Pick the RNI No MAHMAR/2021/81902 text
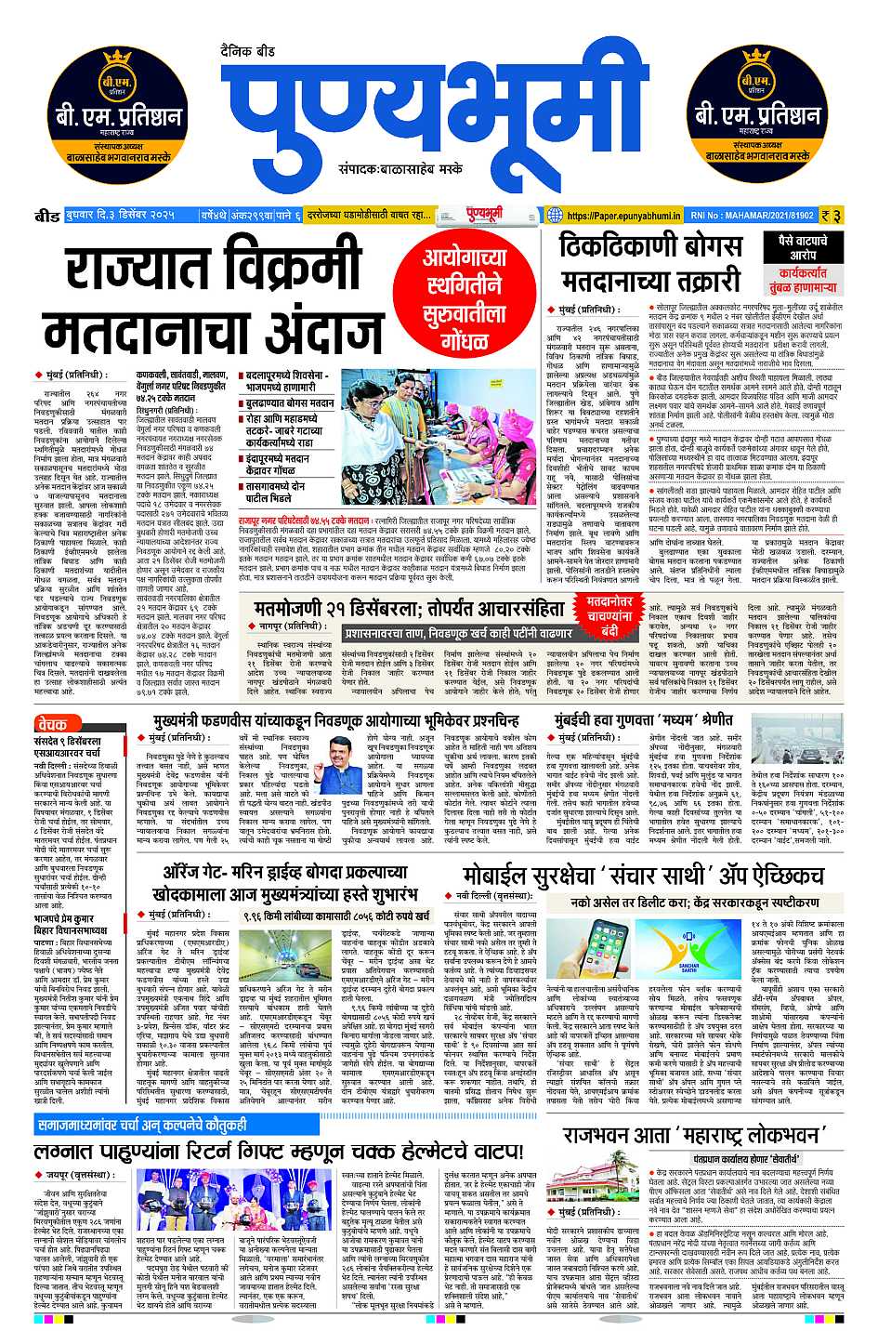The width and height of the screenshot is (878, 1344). tap(754, 216)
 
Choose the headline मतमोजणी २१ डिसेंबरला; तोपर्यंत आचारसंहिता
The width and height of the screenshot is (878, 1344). tap(409, 608)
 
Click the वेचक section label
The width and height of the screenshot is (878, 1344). tap(54, 723)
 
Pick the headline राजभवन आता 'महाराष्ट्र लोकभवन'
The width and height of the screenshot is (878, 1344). tap(692, 1135)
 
